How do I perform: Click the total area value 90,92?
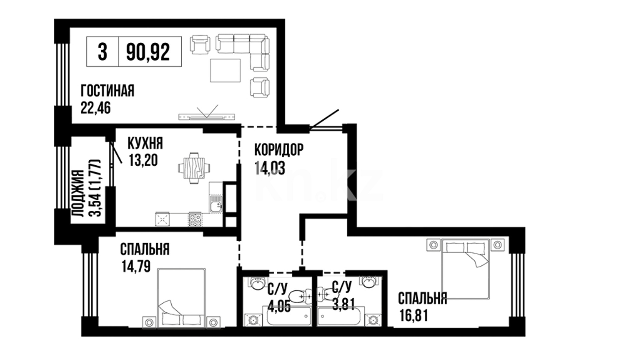click(x=148, y=52)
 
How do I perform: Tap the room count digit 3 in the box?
click(x=103, y=52)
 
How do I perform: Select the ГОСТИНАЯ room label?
click(x=107, y=91)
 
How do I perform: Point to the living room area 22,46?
click(x=95, y=108)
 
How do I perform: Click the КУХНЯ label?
click(x=145, y=143)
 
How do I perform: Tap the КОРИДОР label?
click(x=279, y=150)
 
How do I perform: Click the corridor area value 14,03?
click(x=270, y=168)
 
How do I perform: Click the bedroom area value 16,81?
click(x=413, y=315)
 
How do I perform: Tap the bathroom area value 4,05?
click(x=279, y=305)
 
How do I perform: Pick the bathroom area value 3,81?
click(x=344, y=304)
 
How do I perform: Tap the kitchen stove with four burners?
click(x=195, y=219)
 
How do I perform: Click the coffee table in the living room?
click(x=225, y=70)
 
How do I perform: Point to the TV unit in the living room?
click(x=207, y=116)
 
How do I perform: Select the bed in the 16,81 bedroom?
click(x=466, y=269)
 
